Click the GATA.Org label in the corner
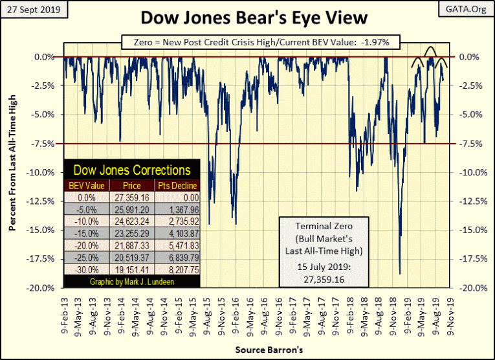[x=465, y=9]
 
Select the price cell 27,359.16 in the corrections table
[x=132, y=196]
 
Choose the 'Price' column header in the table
[x=132, y=185]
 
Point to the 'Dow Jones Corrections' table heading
[x=132, y=170]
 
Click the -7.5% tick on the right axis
[x=470, y=144]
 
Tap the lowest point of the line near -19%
[x=400, y=274]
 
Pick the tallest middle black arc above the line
[x=430, y=49]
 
